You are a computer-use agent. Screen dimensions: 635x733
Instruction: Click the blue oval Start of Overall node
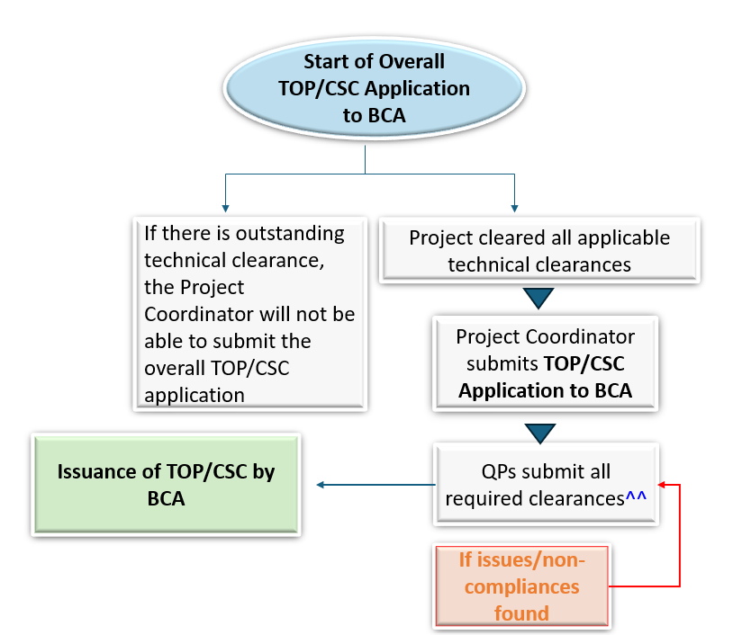click(x=365, y=89)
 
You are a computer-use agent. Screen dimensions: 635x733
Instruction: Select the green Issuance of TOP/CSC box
click(x=166, y=485)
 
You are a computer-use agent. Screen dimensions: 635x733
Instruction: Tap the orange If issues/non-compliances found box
click(x=521, y=586)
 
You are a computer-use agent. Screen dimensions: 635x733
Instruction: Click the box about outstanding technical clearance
click(x=249, y=314)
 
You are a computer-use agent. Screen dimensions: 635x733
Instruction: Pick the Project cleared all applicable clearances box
click(x=538, y=251)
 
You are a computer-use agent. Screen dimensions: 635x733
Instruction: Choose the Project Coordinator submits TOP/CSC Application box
click(x=545, y=363)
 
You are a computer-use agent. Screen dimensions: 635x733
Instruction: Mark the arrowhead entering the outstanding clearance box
click(x=223, y=207)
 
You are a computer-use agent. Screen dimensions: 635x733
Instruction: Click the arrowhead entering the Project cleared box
click(x=514, y=207)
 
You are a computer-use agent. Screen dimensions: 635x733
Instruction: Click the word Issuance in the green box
click(x=100, y=472)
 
